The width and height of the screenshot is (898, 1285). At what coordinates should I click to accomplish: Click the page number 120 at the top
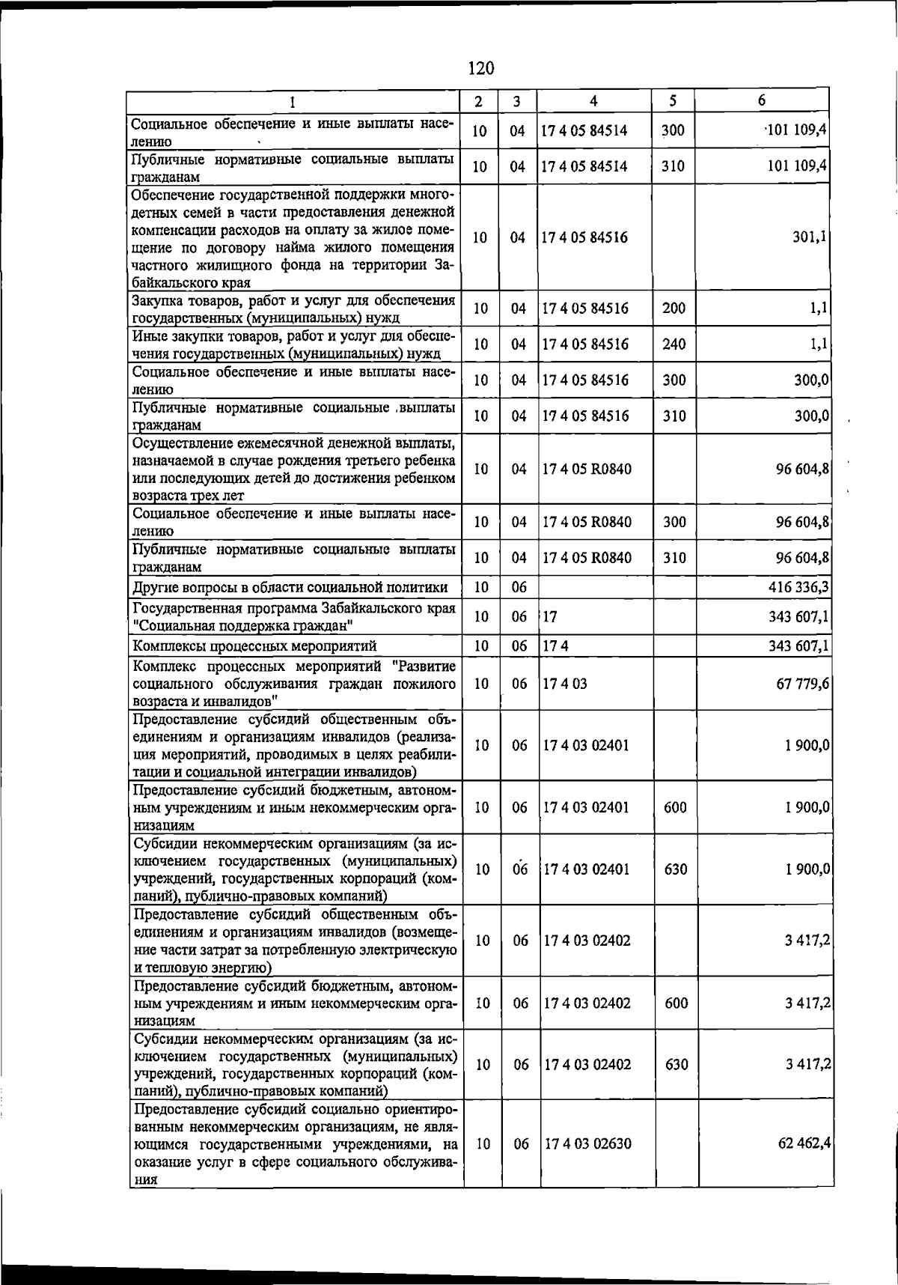click(x=480, y=68)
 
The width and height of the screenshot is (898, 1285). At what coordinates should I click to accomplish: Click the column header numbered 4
click(x=593, y=101)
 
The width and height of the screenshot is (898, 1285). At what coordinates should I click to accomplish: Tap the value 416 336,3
click(x=798, y=586)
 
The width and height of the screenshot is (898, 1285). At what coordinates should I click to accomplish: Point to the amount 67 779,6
click(x=802, y=684)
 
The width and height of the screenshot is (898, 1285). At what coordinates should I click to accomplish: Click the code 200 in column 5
click(x=673, y=309)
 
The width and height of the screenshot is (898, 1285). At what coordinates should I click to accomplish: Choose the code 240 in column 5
click(x=673, y=344)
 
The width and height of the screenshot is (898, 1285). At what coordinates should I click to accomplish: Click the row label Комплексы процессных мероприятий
click(x=254, y=645)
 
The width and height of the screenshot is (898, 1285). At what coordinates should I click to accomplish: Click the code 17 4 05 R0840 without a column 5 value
click(x=587, y=470)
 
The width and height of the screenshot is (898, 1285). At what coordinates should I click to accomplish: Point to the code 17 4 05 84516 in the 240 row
click(x=585, y=344)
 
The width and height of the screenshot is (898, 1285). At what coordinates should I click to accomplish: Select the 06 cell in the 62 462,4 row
click(x=521, y=1143)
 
